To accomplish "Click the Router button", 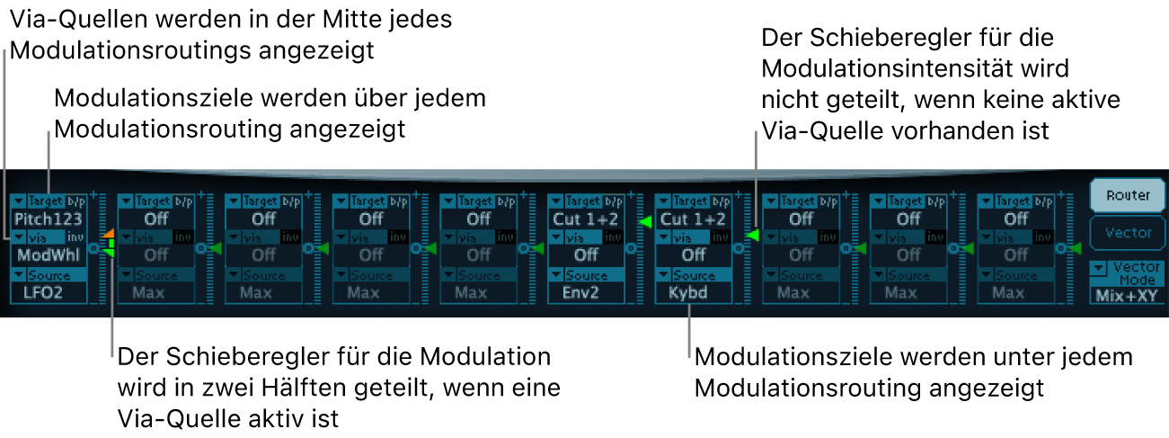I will [x=1120, y=194].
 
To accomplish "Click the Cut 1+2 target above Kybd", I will [x=693, y=219].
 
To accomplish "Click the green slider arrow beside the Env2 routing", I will [x=643, y=221].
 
